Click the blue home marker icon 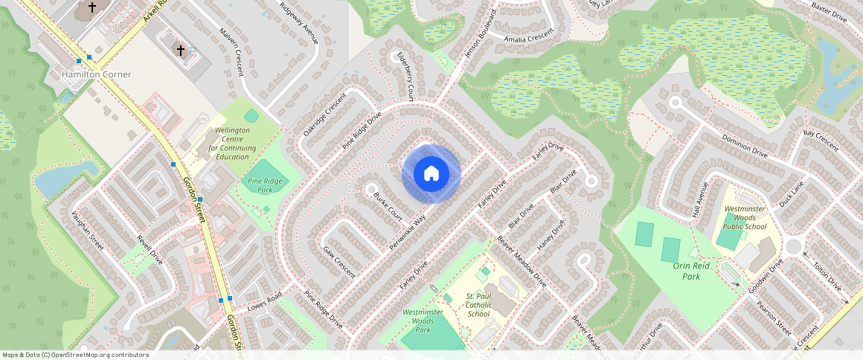click(x=431, y=174)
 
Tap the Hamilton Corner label click(x=96, y=74)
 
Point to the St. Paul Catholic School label click(x=478, y=304)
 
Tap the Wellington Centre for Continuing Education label click(x=232, y=143)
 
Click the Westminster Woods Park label click(x=423, y=321)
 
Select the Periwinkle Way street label click(x=408, y=232)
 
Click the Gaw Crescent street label click(x=339, y=262)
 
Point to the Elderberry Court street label click(x=405, y=76)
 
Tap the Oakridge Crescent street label click(x=325, y=115)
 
